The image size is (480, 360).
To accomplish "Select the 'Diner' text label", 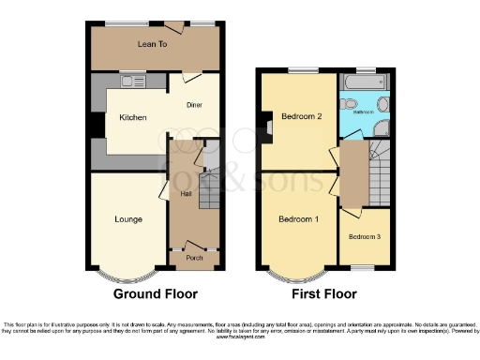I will (x=194, y=105).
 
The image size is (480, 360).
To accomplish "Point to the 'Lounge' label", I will (x=128, y=219).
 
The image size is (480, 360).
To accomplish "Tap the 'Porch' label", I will (x=194, y=258).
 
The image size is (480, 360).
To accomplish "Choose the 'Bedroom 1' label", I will (x=298, y=218).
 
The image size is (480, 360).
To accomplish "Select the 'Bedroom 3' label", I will (x=365, y=237).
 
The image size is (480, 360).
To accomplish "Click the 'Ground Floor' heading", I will (x=156, y=293).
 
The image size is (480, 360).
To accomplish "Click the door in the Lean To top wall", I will (x=174, y=23).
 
